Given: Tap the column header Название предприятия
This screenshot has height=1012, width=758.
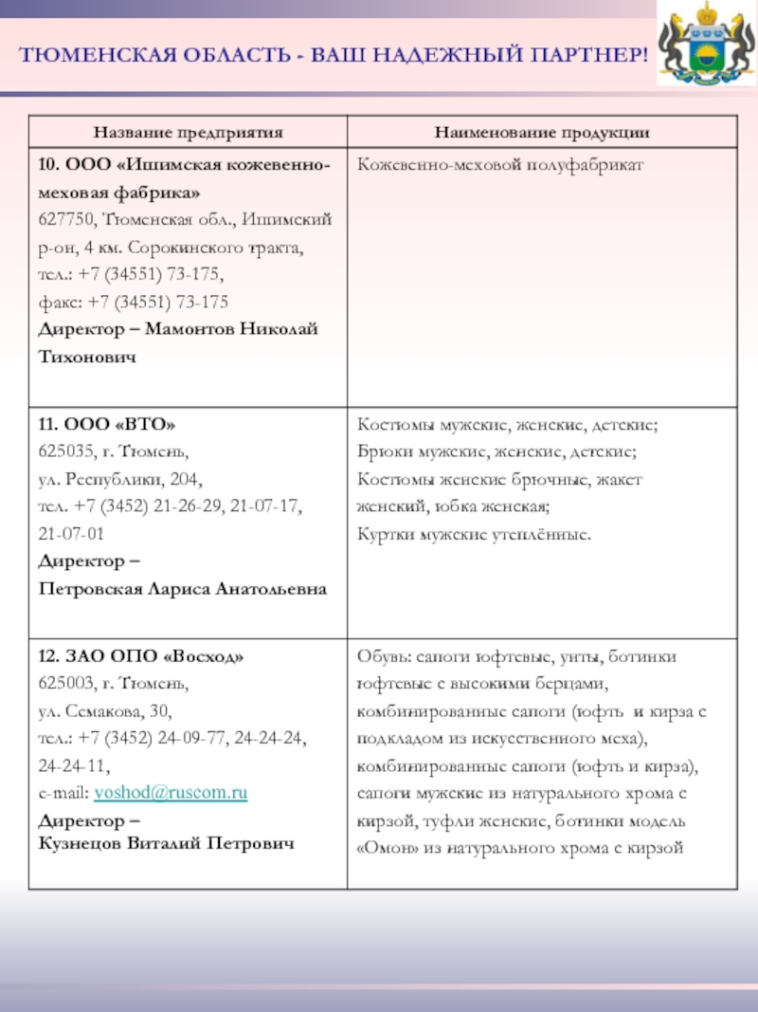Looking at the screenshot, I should [x=188, y=132].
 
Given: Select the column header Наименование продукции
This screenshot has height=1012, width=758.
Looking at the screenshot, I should [x=542, y=132].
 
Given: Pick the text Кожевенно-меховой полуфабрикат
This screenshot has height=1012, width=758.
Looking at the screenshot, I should [x=500, y=165].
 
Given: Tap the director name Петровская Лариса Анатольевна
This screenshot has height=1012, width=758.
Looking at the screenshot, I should [x=182, y=589].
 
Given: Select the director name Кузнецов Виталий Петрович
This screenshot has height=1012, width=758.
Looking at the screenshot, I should [x=166, y=843].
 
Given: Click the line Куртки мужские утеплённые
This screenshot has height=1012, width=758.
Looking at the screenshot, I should [x=474, y=535].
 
